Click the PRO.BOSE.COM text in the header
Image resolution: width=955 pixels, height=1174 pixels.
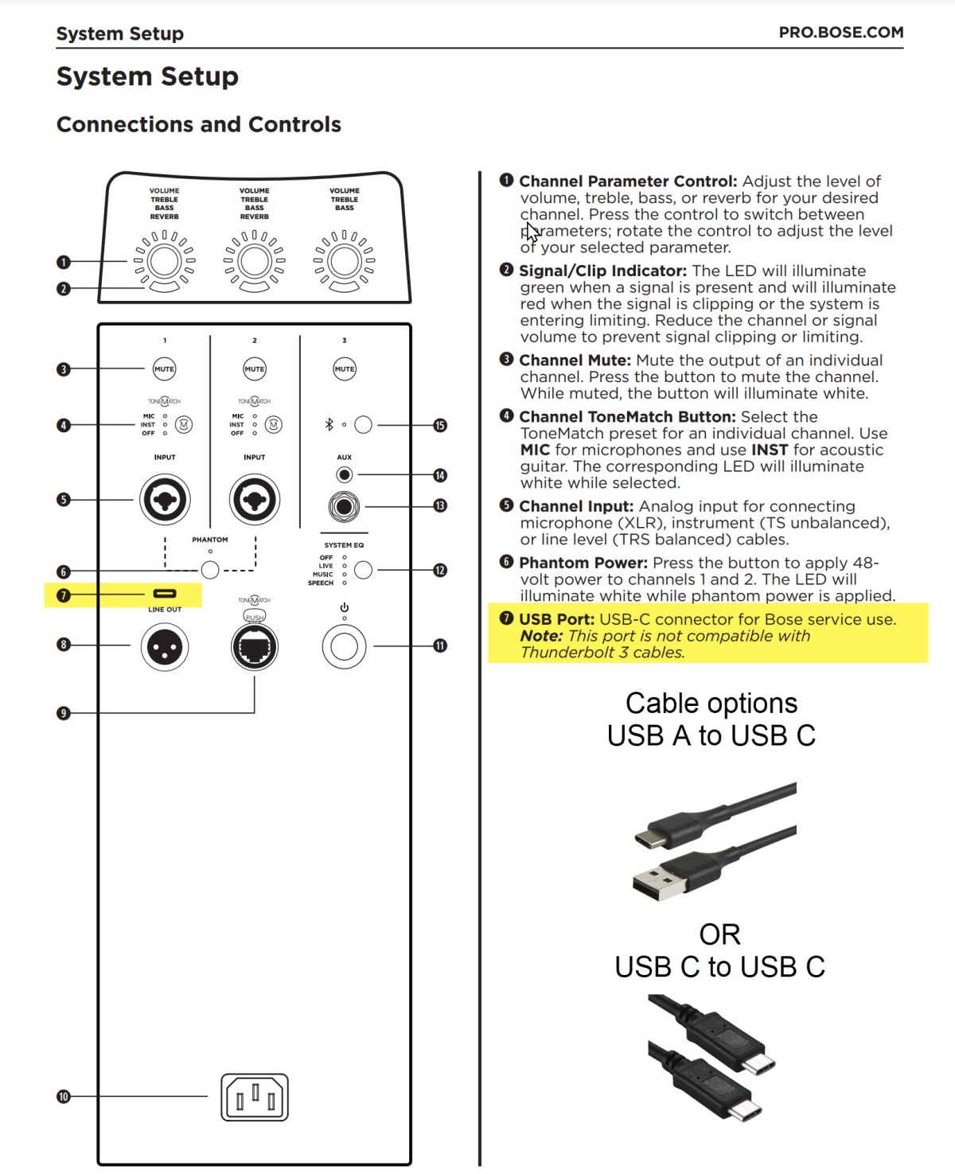tap(840, 33)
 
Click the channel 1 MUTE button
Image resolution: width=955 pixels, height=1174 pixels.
tap(165, 369)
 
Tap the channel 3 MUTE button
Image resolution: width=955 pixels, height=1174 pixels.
tap(345, 369)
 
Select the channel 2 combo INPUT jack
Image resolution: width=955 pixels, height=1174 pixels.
tap(255, 500)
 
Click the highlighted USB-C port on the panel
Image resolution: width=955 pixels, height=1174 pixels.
tap(165, 594)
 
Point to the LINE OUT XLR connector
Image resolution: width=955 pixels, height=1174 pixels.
tap(165, 647)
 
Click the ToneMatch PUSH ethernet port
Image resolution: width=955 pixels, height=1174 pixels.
tap(255, 648)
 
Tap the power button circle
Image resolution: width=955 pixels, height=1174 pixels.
tap(345, 646)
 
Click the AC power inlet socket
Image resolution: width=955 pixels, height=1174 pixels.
tap(255, 1098)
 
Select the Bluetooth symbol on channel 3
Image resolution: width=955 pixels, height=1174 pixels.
tap(329, 425)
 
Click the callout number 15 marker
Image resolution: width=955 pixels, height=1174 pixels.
tap(440, 426)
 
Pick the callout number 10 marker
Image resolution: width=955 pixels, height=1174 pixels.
tap(64, 1097)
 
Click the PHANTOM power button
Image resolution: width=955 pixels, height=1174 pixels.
tap(210, 570)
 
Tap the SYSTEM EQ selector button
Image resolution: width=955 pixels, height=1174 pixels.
tap(363, 570)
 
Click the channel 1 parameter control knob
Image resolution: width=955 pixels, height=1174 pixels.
tap(165, 261)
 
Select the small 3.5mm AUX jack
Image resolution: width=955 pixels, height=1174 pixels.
tap(344, 475)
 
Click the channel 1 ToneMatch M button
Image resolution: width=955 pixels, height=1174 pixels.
tap(184, 425)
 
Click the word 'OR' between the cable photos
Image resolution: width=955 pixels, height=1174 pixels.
tap(719, 934)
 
